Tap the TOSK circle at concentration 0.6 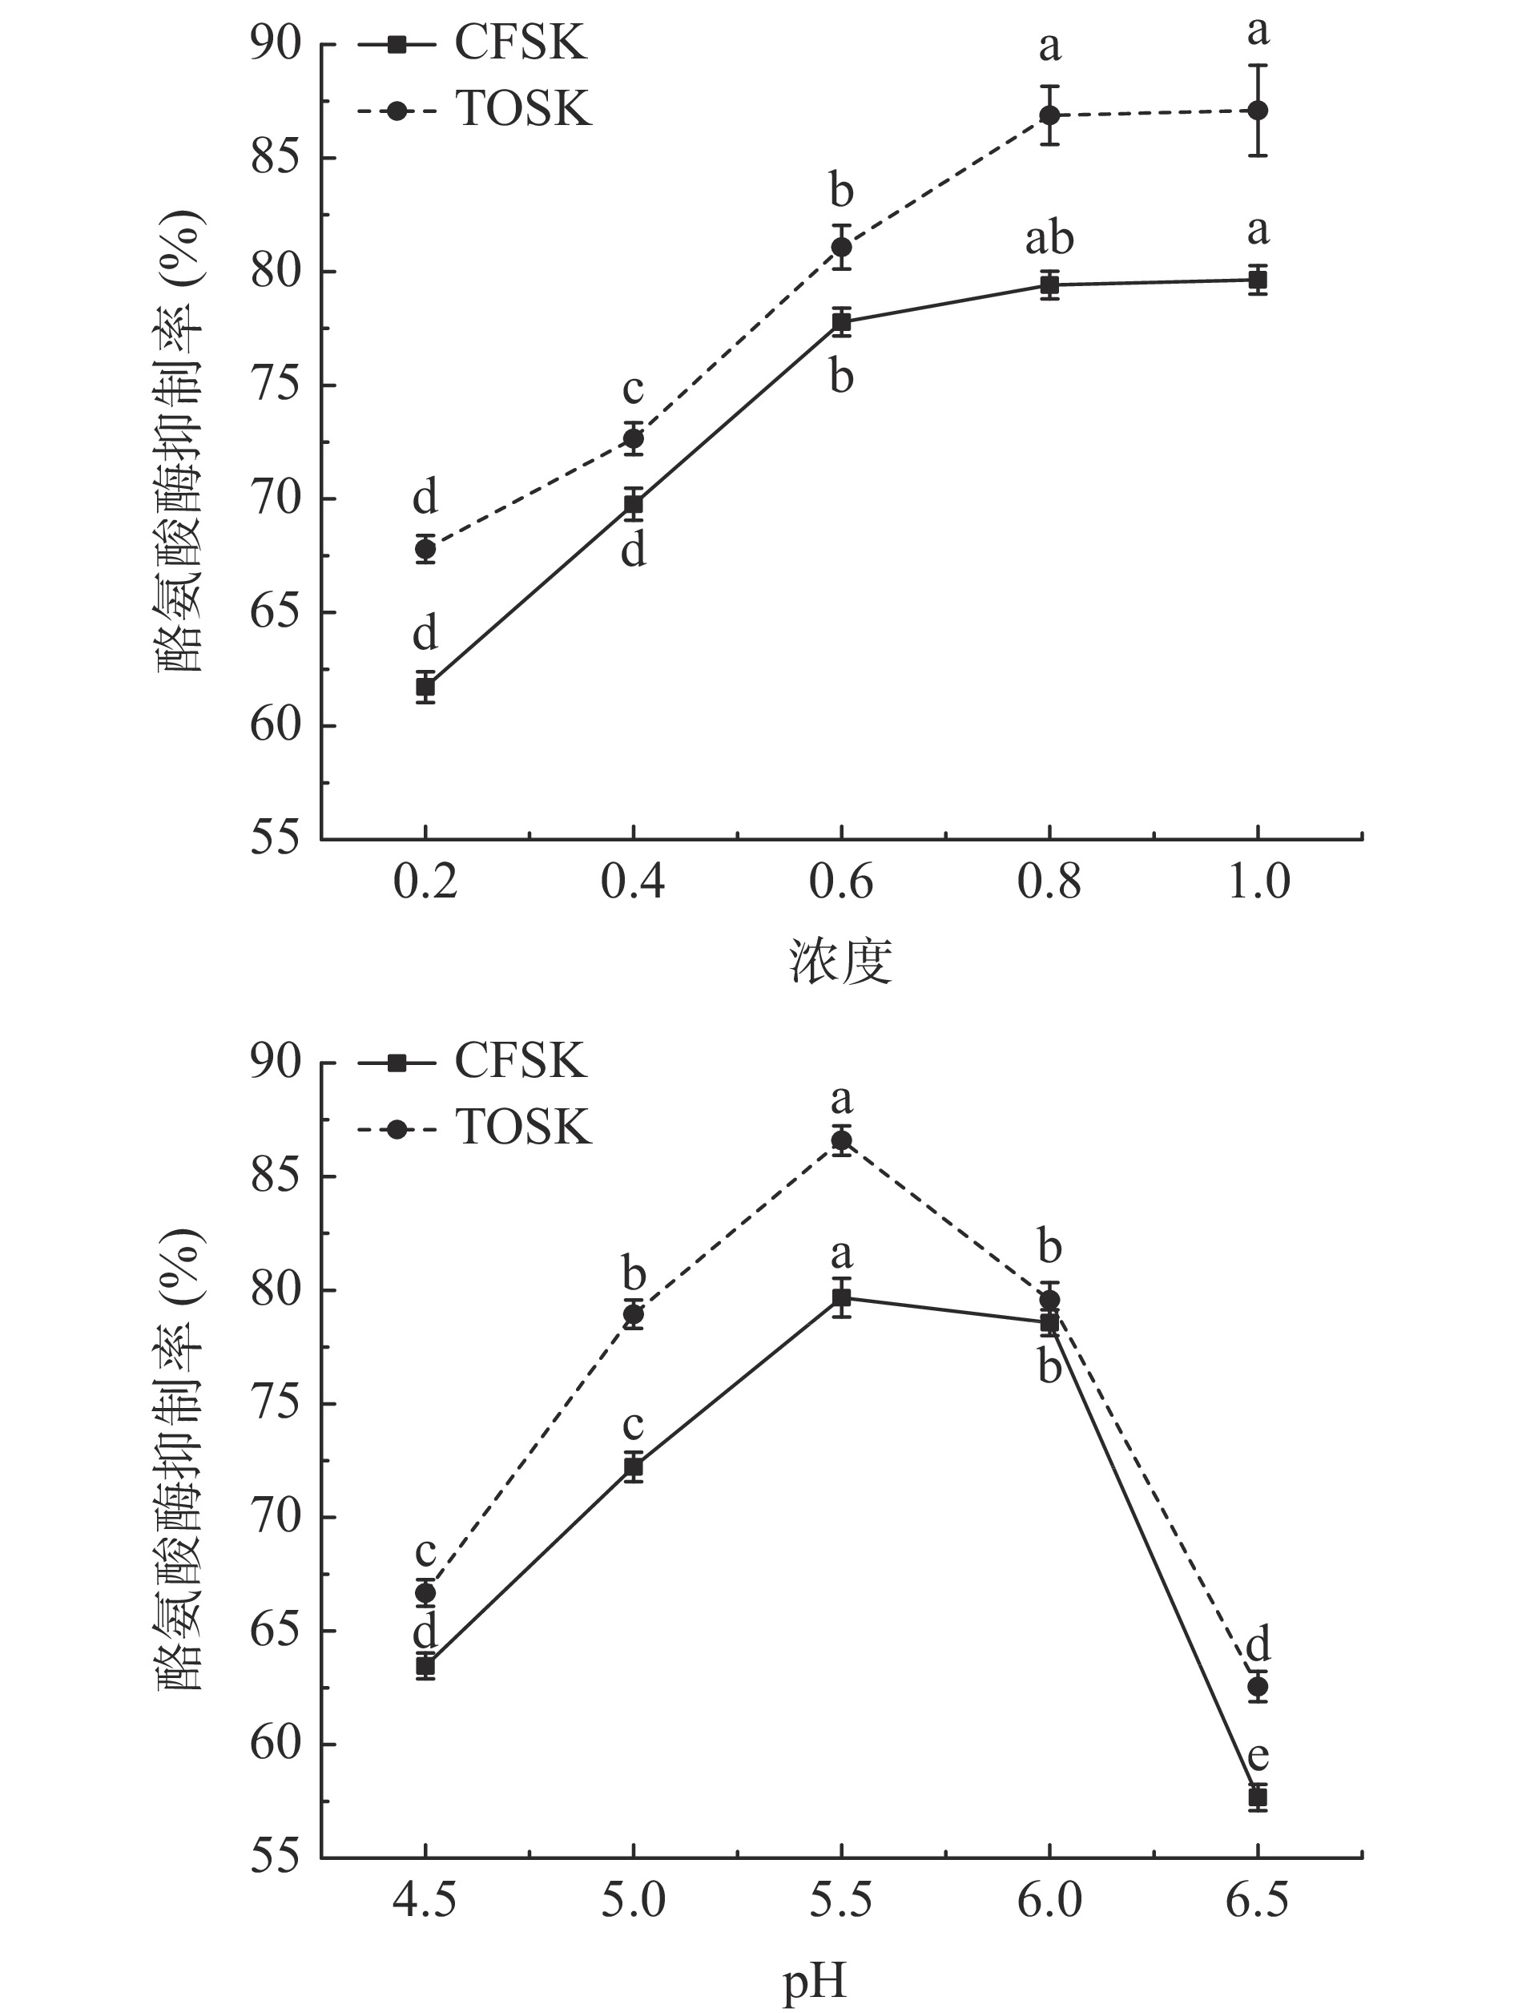pyautogui.click(x=842, y=247)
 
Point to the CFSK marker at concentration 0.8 pyautogui.click(x=1049, y=284)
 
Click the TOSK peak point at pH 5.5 pyautogui.click(x=842, y=1140)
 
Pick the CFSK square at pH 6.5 pyautogui.click(x=1258, y=1797)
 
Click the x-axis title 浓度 pyautogui.click(x=840, y=962)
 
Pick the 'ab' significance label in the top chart pyautogui.click(x=1049, y=239)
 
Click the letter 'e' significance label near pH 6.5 pyautogui.click(x=1258, y=1757)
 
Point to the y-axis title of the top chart pyautogui.click(x=182, y=442)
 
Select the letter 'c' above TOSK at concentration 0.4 pyautogui.click(x=634, y=389)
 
